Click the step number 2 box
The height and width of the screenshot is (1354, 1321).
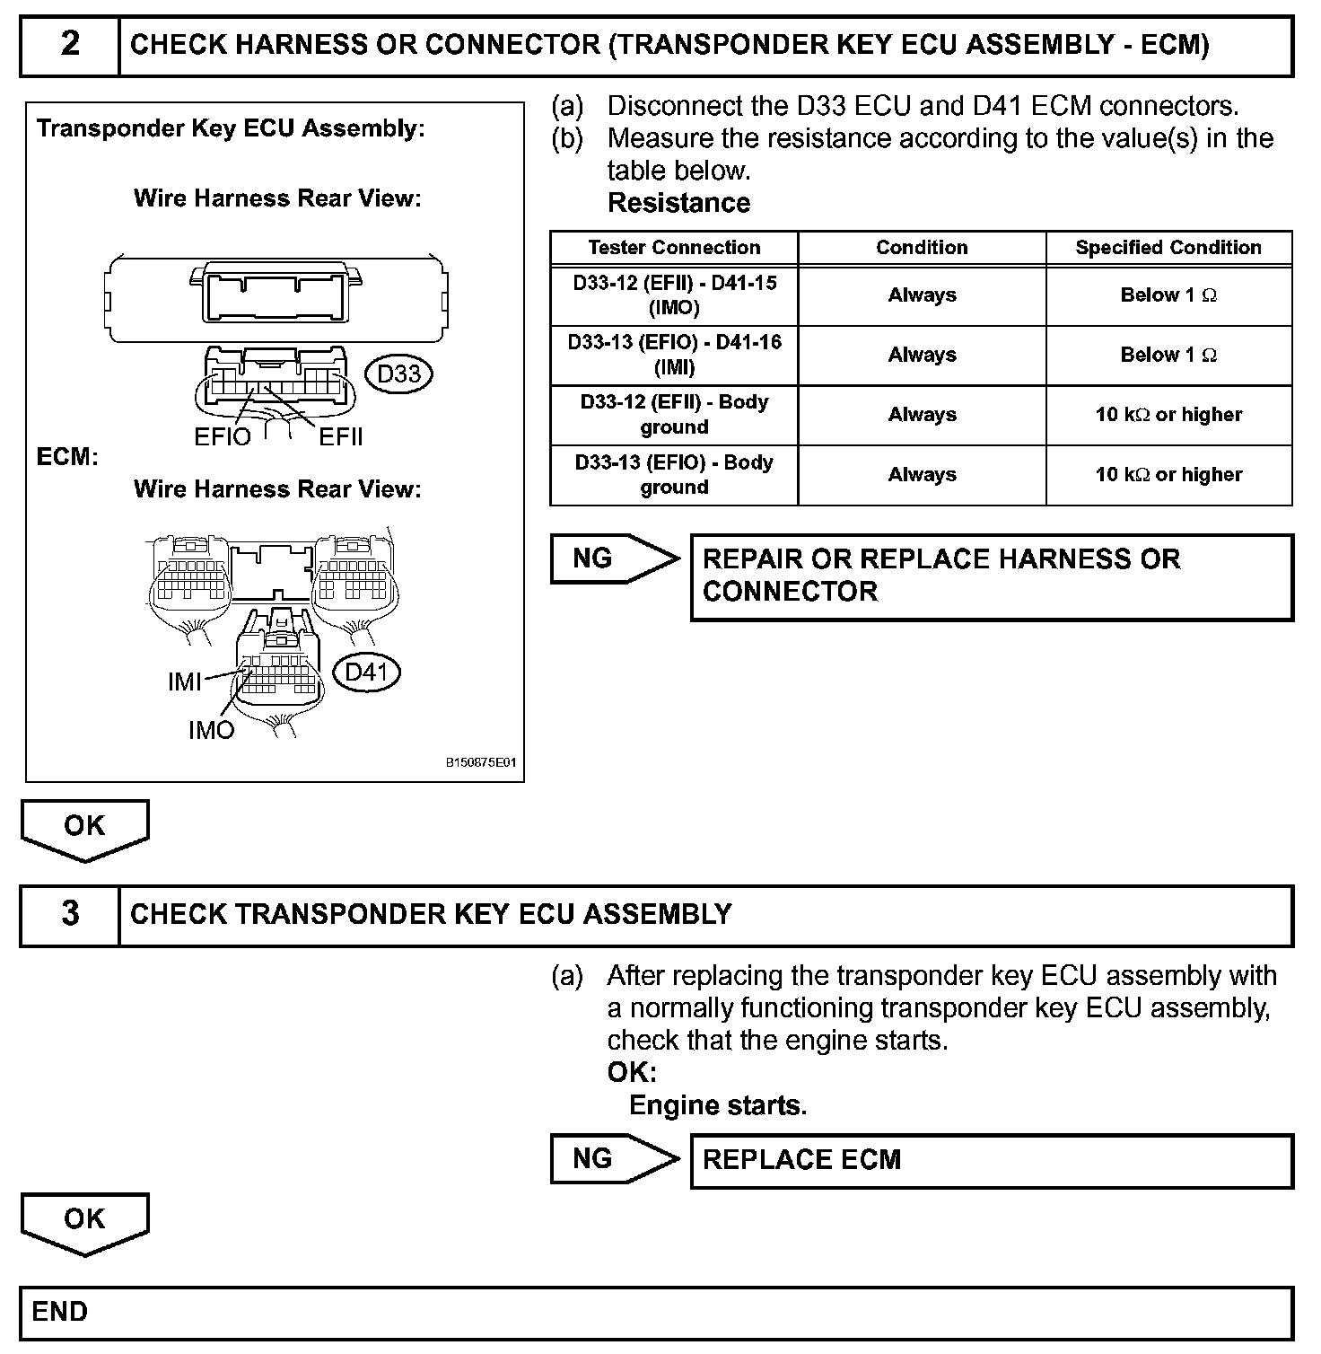pos(70,44)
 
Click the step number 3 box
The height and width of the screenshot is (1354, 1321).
pos(70,914)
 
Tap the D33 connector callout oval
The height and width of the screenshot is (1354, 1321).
pos(399,374)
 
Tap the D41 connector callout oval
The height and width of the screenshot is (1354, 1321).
pos(366,672)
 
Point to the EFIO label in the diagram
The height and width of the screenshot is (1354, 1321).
pos(223,437)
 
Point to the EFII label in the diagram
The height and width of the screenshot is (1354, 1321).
pos(341,437)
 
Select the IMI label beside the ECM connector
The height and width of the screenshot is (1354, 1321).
pos(184,682)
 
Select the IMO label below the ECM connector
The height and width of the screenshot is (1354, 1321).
pos(211,731)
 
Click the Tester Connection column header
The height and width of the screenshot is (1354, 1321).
pos(674,248)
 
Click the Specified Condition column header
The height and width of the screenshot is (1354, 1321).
pos(1168,248)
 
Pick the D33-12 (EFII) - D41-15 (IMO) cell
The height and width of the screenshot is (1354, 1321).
pos(674,295)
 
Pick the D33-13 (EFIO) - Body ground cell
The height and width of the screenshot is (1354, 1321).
pos(674,474)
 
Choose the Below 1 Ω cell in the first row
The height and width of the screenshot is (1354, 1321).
pos(1168,295)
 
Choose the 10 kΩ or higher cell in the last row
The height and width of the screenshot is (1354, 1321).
pos(1168,474)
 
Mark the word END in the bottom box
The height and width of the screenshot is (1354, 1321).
pos(60,1312)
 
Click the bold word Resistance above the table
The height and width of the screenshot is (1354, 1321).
pos(678,203)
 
